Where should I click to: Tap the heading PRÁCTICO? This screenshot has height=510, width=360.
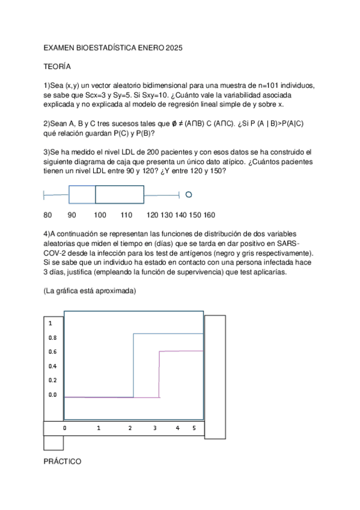[x=63, y=461]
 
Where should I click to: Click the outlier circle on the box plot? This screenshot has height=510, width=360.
[x=189, y=194]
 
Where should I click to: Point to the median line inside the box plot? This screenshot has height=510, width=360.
[x=96, y=194]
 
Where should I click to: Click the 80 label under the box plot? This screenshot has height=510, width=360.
[x=48, y=215]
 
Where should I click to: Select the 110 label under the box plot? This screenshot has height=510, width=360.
[x=126, y=215]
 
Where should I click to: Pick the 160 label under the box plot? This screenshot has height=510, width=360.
[x=210, y=215]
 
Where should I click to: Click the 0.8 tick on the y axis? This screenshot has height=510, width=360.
[x=52, y=337]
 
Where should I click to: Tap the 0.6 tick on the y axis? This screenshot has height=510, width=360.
[x=52, y=352]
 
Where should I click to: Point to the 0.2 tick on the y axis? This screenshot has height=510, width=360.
[x=52, y=380]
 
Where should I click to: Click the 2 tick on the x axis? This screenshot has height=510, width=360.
[x=130, y=428]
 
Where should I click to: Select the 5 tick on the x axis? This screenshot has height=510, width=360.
[x=194, y=428]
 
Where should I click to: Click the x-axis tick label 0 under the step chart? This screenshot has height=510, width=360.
[x=64, y=428]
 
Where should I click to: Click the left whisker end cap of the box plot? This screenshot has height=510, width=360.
[x=44, y=194]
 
